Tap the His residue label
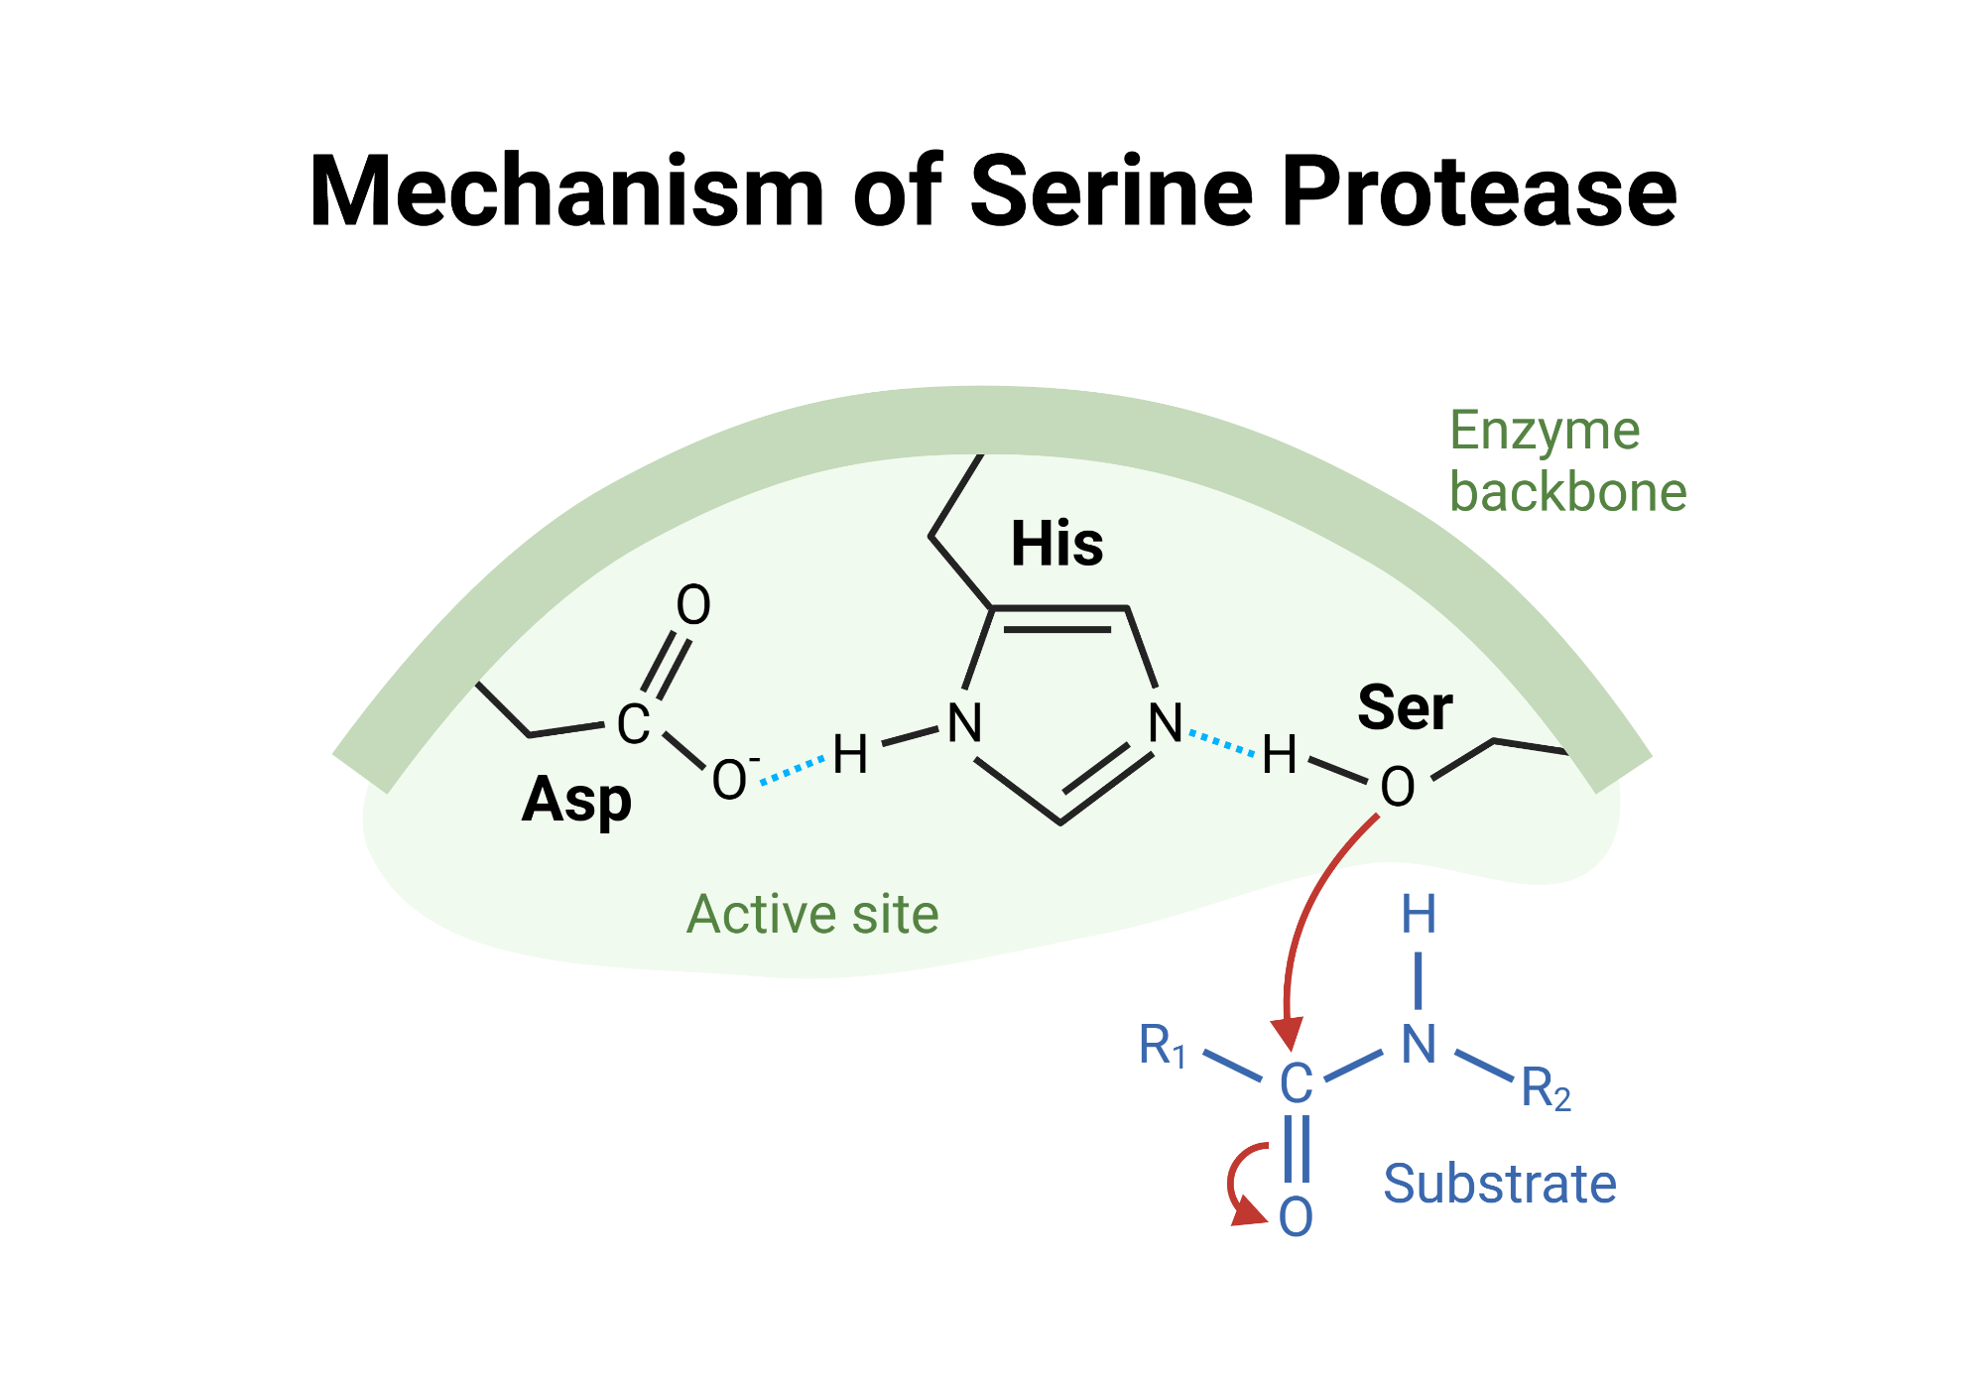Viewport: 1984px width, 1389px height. [x=1056, y=544]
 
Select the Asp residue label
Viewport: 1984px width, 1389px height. [x=576, y=800]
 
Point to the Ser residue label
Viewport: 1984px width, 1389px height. [x=1405, y=707]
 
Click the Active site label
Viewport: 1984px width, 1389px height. [x=812, y=914]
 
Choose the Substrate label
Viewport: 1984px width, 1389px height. [x=1499, y=1184]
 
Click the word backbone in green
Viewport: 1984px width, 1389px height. [x=1567, y=492]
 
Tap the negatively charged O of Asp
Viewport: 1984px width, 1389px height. [x=730, y=780]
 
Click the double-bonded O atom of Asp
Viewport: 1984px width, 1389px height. [x=693, y=605]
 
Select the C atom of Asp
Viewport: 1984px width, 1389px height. [x=633, y=724]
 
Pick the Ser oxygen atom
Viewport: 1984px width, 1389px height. [x=1397, y=788]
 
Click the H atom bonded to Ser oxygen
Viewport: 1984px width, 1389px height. [x=1279, y=755]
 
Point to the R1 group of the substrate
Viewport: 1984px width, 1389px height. [x=1162, y=1046]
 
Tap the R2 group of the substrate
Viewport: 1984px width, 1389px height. [x=1545, y=1088]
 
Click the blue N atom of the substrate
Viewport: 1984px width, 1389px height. [x=1419, y=1045]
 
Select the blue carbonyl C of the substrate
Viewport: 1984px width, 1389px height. [x=1296, y=1083]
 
